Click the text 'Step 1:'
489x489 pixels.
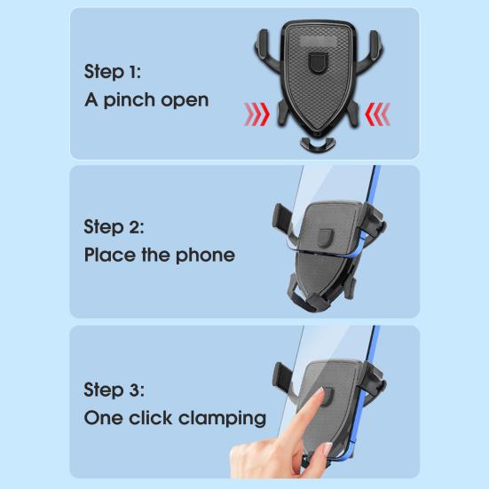(x=113, y=71)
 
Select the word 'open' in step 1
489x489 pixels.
(x=185, y=100)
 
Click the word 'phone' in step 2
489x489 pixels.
(x=205, y=255)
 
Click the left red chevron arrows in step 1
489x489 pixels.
(x=257, y=113)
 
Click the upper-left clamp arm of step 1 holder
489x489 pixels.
(x=264, y=44)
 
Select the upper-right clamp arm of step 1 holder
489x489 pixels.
(x=374, y=44)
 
